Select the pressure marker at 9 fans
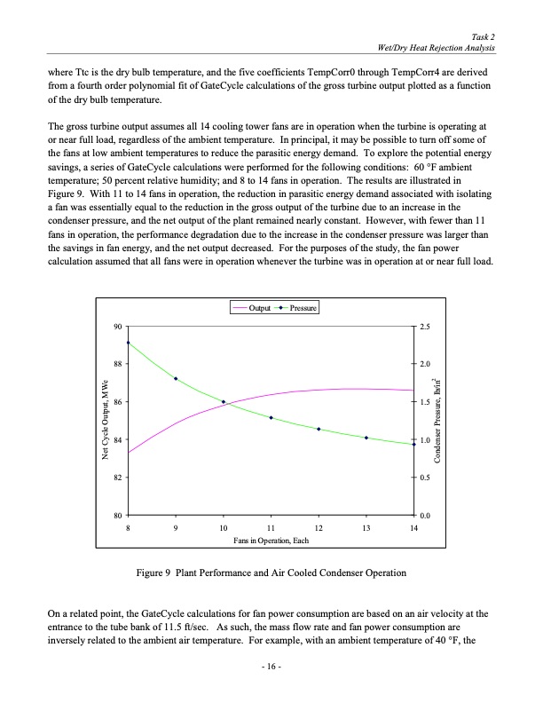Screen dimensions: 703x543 pyautogui.click(x=176, y=379)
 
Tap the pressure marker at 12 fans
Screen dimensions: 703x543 pyautogui.click(x=319, y=430)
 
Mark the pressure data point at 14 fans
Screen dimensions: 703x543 pyautogui.click(x=413, y=444)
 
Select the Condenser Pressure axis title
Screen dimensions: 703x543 pyautogui.click(x=438, y=422)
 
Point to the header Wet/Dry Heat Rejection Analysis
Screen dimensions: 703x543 pyautogui.click(x=437, y=46)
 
